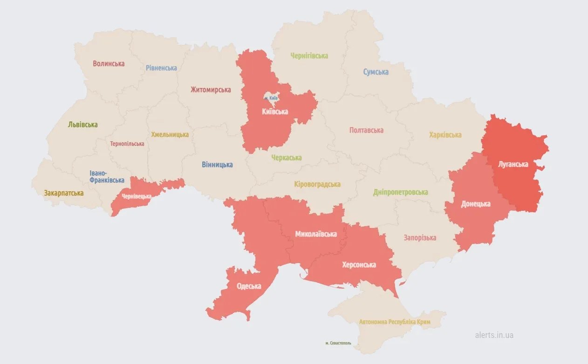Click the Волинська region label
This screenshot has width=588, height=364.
[109, 63]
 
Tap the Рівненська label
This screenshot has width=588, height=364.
[161, 67]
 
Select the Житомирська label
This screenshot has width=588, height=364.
[211, 89]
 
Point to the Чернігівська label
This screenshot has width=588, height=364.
[309, 56]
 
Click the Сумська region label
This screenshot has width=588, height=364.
[376, 72]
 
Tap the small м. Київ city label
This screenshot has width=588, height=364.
[271, 98]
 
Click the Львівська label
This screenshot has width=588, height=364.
[82, 124]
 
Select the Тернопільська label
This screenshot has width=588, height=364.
[127, 144]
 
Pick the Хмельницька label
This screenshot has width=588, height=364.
[170, 135]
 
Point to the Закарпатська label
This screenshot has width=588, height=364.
[64, 193]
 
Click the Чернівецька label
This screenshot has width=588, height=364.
[137, 196]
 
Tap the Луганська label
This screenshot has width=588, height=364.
[513, 164]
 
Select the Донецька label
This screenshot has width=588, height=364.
[476, 204]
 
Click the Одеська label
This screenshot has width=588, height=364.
[249, 286]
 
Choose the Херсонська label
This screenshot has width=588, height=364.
[359, 264]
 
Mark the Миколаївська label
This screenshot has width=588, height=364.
[316, 234]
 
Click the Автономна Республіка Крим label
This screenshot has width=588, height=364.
[395, 322]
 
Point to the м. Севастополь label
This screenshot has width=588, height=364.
[338, 343]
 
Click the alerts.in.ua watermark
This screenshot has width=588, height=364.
[494, 335]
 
